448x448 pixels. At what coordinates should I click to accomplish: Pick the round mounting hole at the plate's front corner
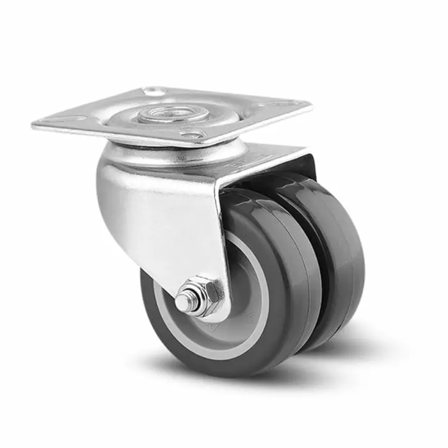coord(191,135)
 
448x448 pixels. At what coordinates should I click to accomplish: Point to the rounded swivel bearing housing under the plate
coord(173,154)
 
